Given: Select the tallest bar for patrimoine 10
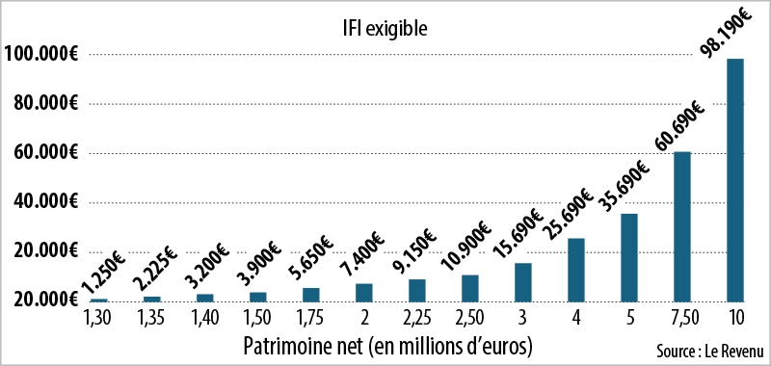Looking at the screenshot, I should (734, 180).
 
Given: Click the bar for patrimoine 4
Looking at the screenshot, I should (576, 270).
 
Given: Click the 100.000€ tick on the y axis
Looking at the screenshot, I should (40, 54).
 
